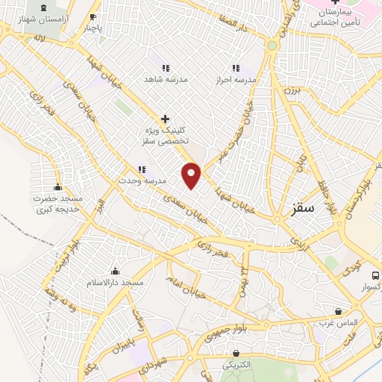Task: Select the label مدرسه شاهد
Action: point(166,79)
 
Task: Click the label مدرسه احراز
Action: point(236,79)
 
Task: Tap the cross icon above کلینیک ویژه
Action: point(166,118)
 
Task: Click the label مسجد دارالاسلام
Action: point(116,284)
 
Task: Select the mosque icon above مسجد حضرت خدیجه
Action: point(57,187)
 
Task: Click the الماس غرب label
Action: point(339,322)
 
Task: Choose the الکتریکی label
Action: point(237,365)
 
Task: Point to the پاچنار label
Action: point(92,28)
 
